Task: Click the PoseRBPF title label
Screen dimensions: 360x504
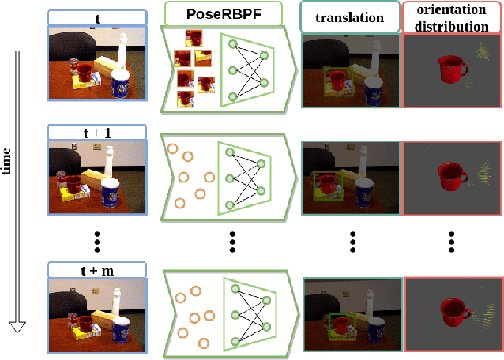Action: (x=223, y=13)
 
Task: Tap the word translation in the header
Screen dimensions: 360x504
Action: (x=351, y=17)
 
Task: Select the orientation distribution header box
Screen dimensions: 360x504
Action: (x=453, y=17)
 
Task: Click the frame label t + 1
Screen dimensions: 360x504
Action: (x=96, y=132)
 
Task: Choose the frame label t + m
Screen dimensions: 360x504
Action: (x=96, y=270)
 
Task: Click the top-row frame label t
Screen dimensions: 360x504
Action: (x=96, y=17)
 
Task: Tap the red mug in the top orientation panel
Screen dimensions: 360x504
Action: (x=449, y=69)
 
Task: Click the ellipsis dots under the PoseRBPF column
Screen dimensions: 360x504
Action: (x=231, y=241)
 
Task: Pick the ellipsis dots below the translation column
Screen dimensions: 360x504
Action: (x=352, y=241)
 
